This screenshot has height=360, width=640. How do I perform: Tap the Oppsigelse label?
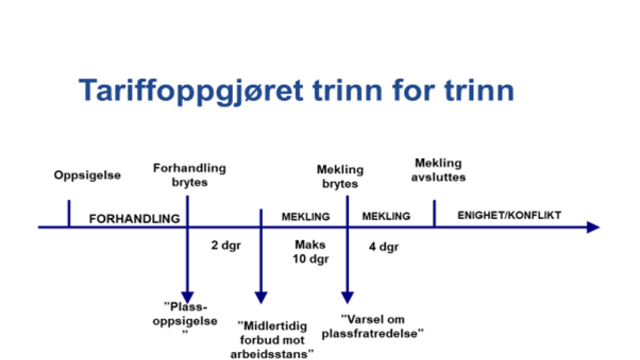(x=87, y=176)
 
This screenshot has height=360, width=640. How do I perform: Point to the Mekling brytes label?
(x=340, y=177)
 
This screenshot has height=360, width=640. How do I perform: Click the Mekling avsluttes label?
(x=439, y=170)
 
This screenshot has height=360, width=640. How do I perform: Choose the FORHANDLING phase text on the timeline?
(x=134, y=218)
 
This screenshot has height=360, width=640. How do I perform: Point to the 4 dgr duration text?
(x=384, y=245)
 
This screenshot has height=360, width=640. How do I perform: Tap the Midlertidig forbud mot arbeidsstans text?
(x=276, y=339)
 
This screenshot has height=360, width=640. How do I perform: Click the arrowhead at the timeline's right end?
(x=593, y=228)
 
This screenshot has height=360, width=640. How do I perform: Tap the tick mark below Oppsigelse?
(x=68, y=213)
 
